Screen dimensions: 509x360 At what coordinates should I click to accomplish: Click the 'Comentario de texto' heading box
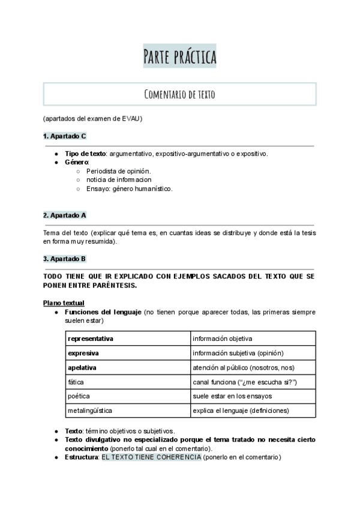tap(179, 94)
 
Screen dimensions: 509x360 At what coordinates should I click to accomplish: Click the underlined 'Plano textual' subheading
tap(64, 303)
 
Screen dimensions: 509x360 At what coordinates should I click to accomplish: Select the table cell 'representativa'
tap(91, 339)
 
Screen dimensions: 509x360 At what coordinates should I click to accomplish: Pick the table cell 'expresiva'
tap(83, 353)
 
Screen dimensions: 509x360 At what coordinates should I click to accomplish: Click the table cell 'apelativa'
tap(82, 367)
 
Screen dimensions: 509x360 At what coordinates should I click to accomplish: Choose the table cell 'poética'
tap(78, 396)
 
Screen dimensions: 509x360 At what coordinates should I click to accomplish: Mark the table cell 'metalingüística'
tap(90, 411)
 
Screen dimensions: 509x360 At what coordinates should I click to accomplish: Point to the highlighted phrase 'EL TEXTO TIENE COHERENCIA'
tap(151, 457)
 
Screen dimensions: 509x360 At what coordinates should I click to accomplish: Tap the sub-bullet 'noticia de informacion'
tap(119, 179)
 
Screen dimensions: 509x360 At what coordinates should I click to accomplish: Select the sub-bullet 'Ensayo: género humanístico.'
tap(130, 188)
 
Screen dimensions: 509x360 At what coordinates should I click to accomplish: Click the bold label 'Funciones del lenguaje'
tap(103, 312)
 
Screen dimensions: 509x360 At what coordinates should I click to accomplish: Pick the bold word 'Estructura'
tap(82, 457)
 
